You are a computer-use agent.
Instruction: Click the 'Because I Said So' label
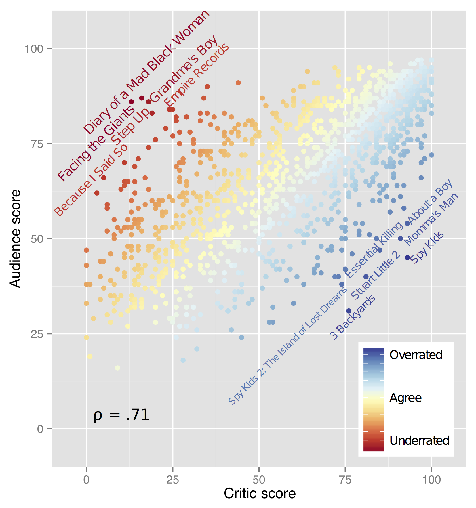point(91,180)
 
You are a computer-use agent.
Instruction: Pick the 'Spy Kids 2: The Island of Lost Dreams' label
point(288,346)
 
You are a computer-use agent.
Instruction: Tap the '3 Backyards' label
point(353,317)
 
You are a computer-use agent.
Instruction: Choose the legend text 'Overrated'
point(416,355)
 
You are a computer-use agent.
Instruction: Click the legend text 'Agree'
point(405,398)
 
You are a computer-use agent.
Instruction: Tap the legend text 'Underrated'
point(419,440)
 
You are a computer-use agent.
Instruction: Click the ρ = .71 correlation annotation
point(121,415)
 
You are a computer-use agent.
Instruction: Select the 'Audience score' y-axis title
point(16,238)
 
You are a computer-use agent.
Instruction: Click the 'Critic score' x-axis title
point(260,494)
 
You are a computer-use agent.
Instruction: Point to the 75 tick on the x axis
point(345,480)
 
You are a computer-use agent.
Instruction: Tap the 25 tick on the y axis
point(37,334)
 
